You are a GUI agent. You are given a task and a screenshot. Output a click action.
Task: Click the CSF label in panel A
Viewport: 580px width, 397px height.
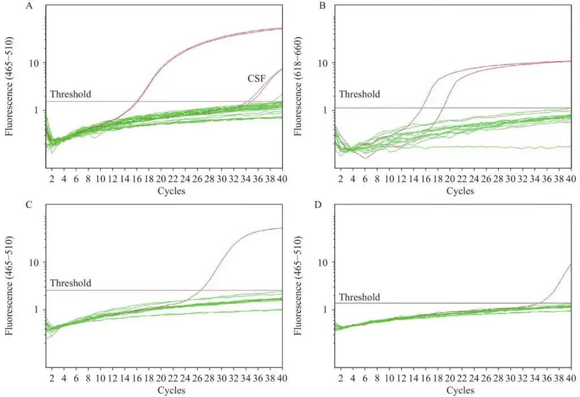pos(257,79)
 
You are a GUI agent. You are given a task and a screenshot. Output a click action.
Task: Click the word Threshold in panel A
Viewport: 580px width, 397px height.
pos(70,94)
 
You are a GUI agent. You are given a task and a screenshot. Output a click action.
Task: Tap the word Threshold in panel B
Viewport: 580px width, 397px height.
pos(360,94)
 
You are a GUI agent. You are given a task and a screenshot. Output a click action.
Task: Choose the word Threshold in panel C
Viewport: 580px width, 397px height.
pos(70,283)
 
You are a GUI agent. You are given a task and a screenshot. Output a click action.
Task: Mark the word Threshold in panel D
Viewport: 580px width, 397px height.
pos(360,297)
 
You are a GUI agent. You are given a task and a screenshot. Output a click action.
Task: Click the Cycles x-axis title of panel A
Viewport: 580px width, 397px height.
pos(171,191)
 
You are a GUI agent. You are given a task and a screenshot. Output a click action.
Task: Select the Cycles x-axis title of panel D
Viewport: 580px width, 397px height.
pos(460,391)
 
